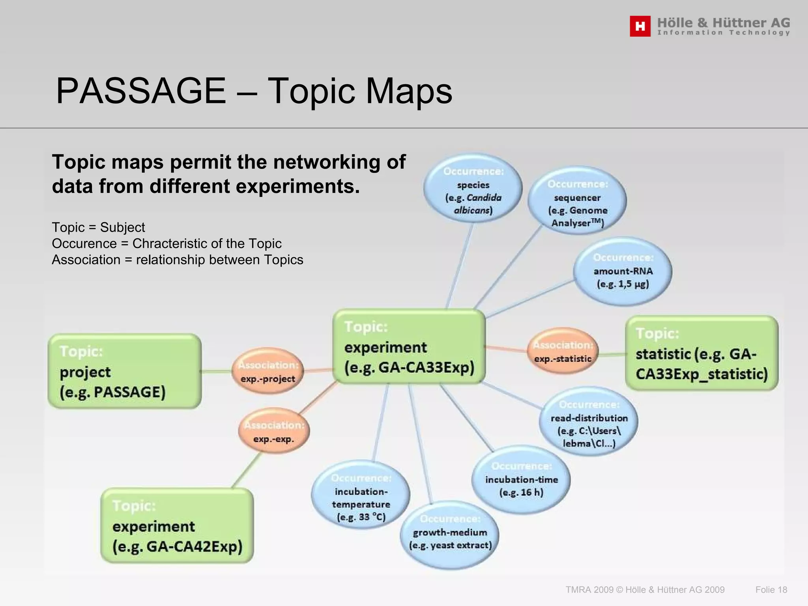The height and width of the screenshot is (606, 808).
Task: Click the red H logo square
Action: (640, 26)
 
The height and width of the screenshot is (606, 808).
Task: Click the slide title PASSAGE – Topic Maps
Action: (254, 91)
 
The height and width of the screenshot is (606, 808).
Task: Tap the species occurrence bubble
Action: (473, 188)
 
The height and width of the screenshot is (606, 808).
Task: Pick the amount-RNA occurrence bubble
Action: (623, 271)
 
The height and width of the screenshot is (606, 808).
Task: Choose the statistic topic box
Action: (701, 353)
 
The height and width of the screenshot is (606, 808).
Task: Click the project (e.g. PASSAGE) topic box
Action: (125, 371)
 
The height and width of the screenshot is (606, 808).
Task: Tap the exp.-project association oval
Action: (268, 371)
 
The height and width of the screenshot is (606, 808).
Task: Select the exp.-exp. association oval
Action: (274, 431)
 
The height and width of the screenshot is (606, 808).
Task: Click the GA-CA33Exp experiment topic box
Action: (409, 347)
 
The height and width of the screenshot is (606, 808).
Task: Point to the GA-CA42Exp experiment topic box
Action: (177, 526)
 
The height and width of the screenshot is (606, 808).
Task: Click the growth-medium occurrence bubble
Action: (450, 535)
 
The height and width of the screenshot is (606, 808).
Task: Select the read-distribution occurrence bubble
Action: (589, 421)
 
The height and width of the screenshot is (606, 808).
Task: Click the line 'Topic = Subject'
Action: (98, 227)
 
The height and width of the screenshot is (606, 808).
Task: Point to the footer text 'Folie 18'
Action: (771, 590)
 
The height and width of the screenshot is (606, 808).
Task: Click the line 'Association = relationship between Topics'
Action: (177, 260)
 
